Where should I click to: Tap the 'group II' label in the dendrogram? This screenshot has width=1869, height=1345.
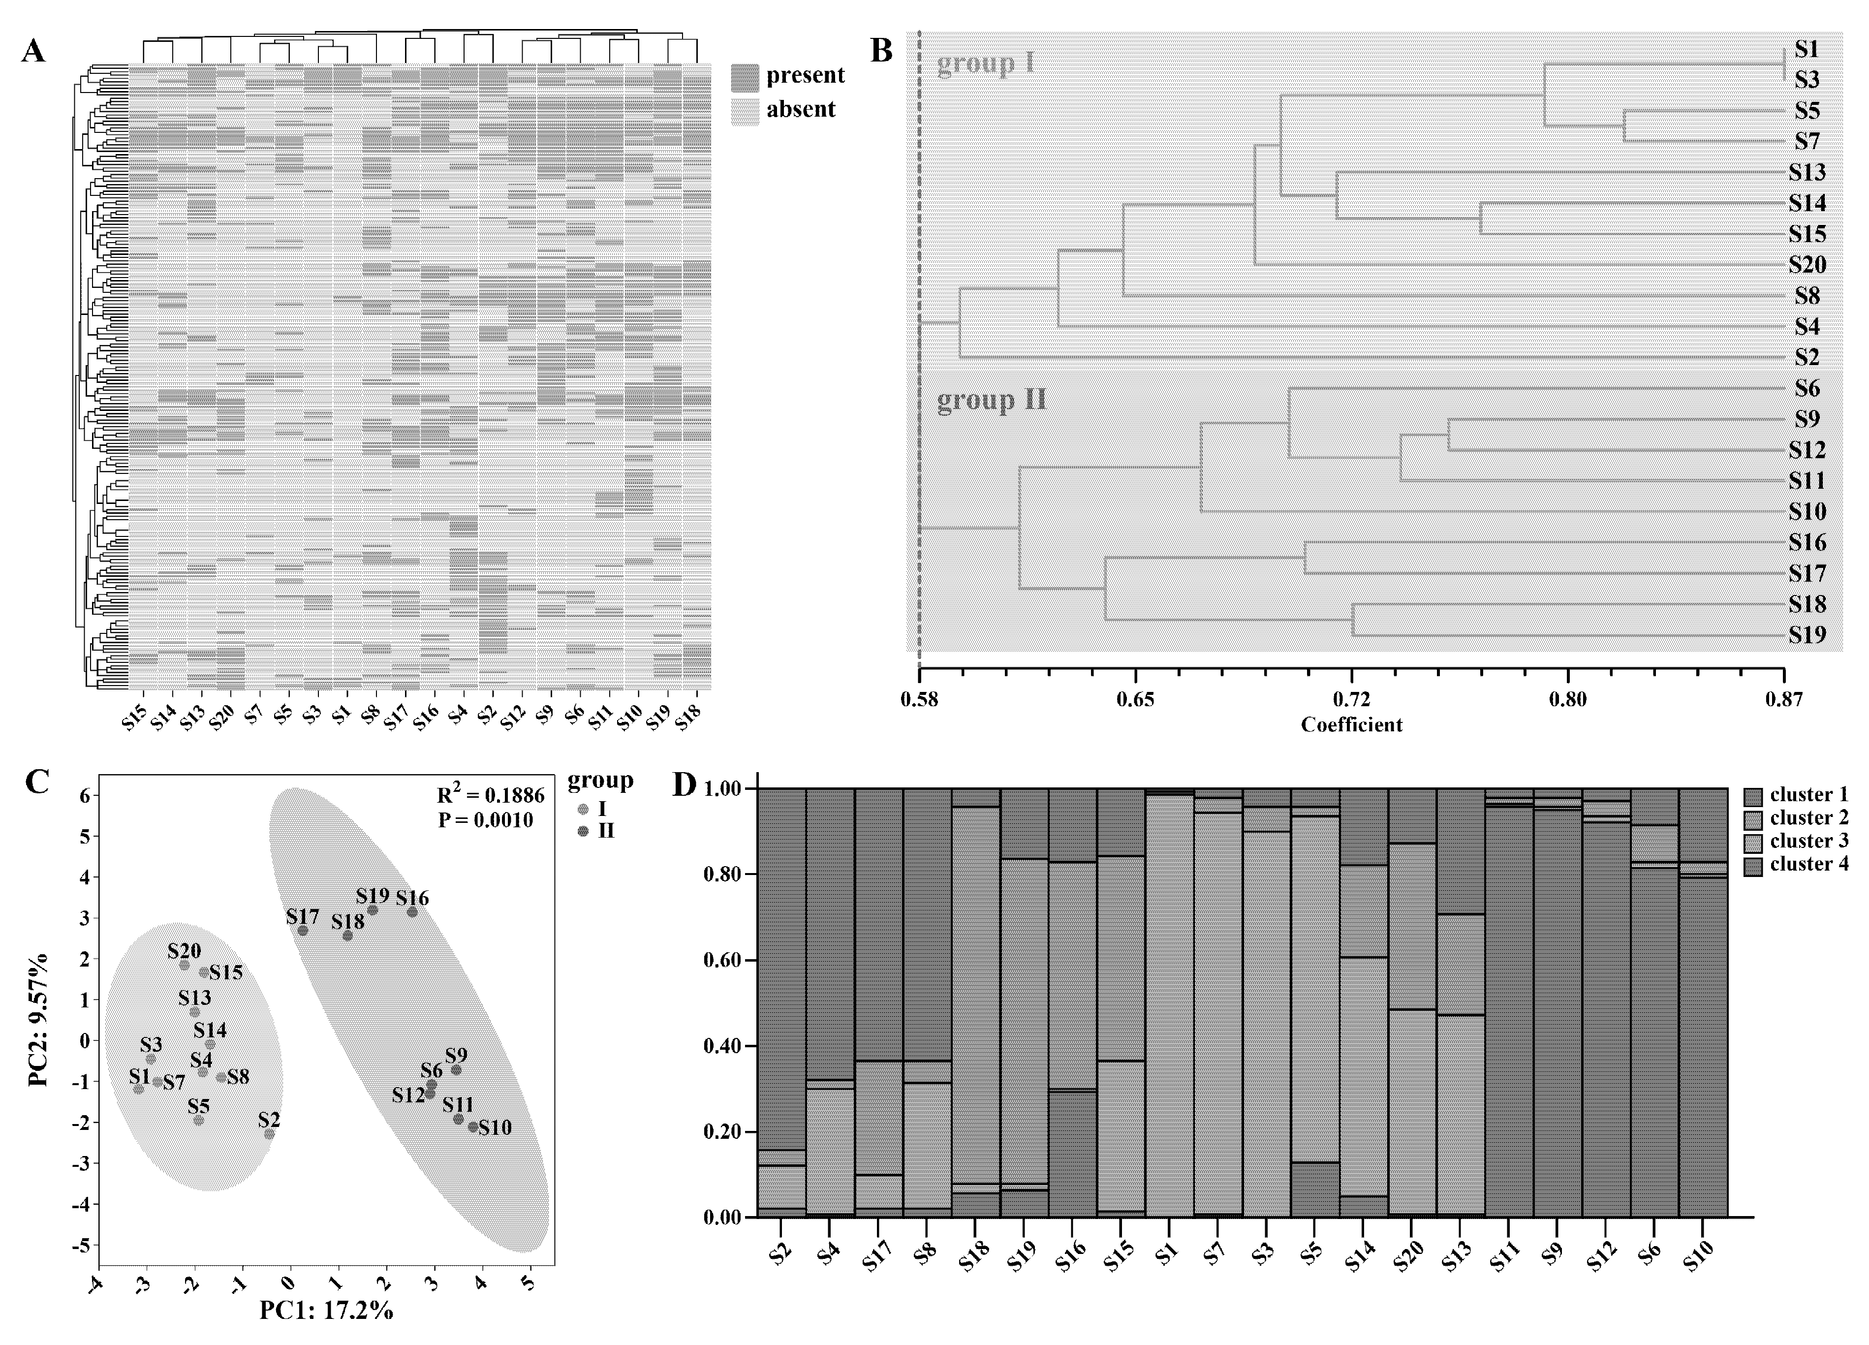(x=992, y=401)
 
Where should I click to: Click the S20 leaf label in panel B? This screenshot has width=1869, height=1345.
(x=1807, y=265)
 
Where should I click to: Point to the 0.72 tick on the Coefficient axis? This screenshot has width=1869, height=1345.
(x=1351, y=700)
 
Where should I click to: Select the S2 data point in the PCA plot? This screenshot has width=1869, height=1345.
(x=270, y=1134)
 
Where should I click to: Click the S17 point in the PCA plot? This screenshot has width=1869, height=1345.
(x=303, y=931)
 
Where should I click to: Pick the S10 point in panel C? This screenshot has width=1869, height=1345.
(x=473, y=1126)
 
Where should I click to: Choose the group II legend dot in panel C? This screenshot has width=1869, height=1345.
(x=583, y=832)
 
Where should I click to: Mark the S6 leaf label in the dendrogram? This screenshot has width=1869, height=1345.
(x=1807, y=388)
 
